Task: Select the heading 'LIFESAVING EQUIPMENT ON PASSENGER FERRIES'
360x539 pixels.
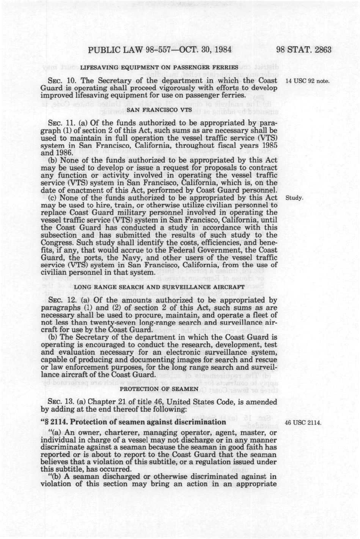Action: pyautogui.click(x=159, y=68)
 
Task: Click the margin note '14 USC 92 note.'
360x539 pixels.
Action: pyautogui.click(x=307, y=81)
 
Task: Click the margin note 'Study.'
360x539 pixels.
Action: pyautogui.click(x=294, y=198)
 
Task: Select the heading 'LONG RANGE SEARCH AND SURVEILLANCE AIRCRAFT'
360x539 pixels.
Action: pyautogui.click(x=159, y=286)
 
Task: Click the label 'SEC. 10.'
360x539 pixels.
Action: pyautogui.click(x=58, y=81)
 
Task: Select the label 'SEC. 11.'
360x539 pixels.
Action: pyautogui.click(x=58, y=123)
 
